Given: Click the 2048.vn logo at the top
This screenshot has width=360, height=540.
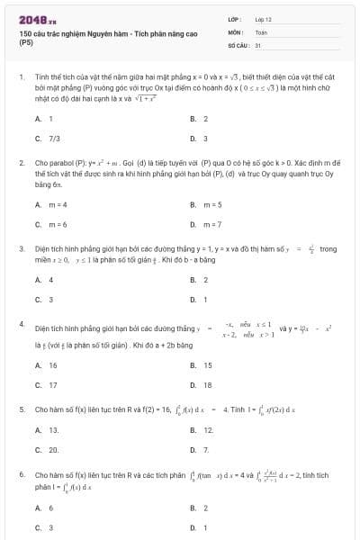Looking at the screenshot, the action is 37,19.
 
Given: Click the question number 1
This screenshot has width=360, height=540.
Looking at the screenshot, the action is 21,78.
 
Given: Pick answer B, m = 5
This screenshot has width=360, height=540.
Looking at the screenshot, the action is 206,204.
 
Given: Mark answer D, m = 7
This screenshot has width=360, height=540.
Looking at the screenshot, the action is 206,223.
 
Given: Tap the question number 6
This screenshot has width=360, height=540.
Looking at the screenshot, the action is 21,472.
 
